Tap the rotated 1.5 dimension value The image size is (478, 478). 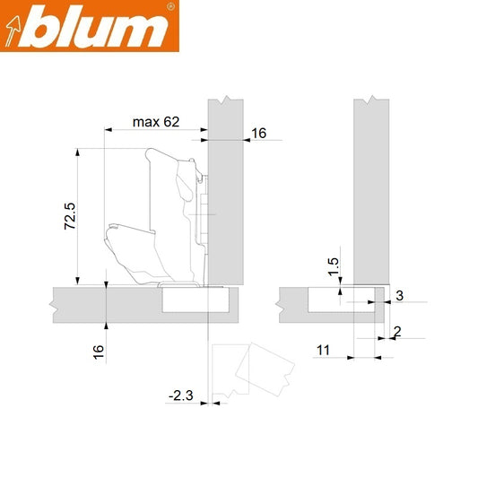[x=333, y=266]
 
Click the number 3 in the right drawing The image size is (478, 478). [x=400, y=295]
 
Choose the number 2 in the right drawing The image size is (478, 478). [x=396, y=332]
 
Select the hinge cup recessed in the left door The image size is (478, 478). [x=193, y=299]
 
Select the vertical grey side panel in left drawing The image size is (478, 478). [x=225, y=188]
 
